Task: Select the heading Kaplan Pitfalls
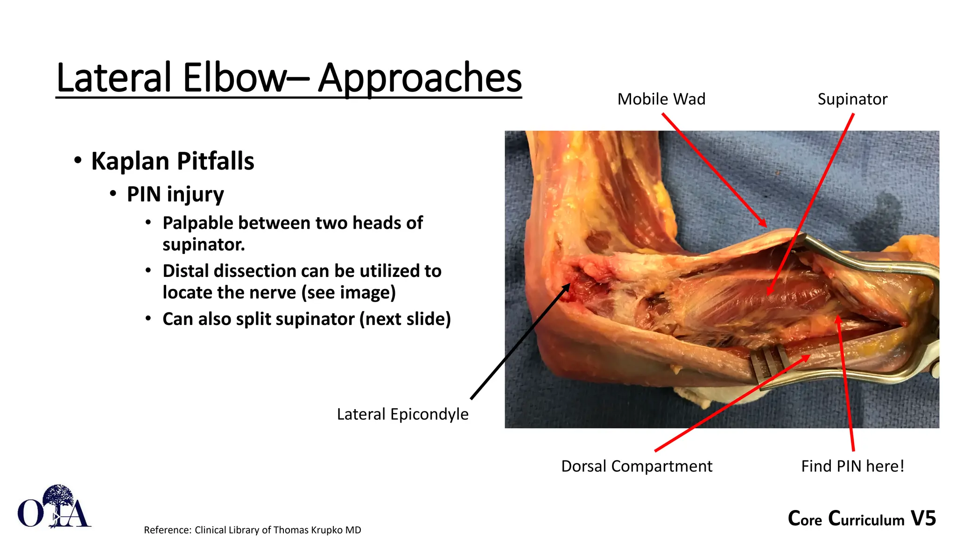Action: (172, 161)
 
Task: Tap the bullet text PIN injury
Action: (175, 194)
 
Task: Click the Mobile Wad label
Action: (661, 99)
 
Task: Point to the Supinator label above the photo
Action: (852, 99)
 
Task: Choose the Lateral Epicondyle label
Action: (402, 414)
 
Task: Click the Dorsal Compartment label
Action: (636, 466)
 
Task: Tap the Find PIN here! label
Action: (852, 466)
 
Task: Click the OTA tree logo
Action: (54, 507)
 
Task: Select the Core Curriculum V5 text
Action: (861, 518)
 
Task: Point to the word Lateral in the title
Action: (114, 78)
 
